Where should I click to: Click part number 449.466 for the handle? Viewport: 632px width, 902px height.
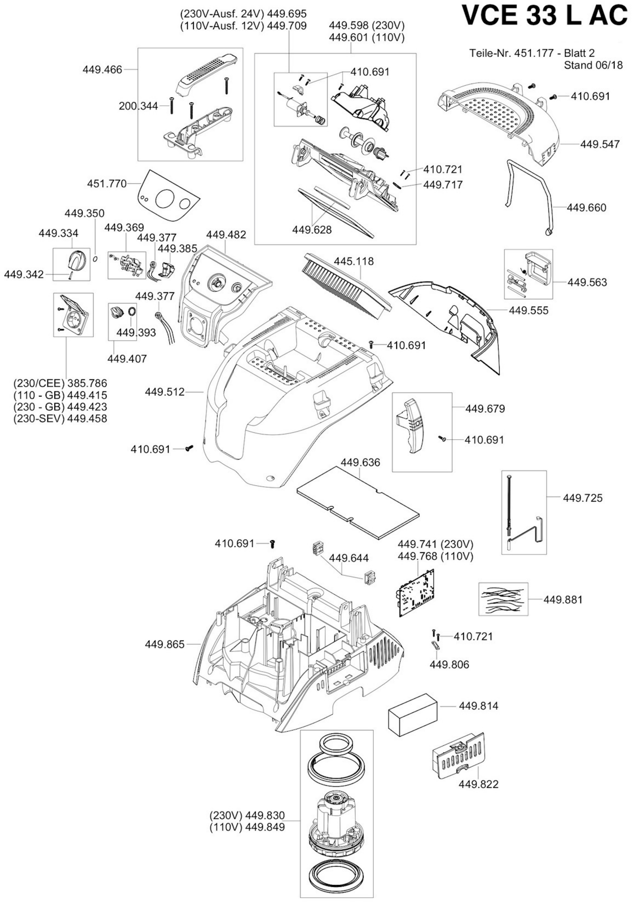pyautogui.click(x=102, y=70)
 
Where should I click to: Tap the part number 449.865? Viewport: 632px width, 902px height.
pyautogui.click(x=164, y=644)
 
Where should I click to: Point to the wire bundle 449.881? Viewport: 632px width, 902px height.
pyautogui.click(x=503, y=599)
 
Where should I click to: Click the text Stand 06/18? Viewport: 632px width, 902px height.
pyautogui.click(x=594, y=65)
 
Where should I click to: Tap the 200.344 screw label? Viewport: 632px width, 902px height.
pyautogui.click(x=138, y=106)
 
